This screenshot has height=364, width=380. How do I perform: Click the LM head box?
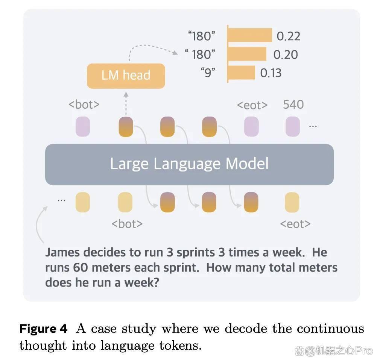(x=126, y=76)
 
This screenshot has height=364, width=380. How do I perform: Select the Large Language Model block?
(x=189, y=164)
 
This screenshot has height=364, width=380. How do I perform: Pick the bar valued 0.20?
(x=247, y=54)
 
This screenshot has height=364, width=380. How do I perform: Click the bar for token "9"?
(x=242, y=73)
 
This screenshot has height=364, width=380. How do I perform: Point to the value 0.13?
(x=271, y=73)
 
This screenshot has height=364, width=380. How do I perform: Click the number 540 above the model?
(x=293, y=105)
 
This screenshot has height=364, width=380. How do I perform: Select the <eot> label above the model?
(x=252, y=105)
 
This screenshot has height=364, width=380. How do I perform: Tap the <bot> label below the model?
(x=127, y=224)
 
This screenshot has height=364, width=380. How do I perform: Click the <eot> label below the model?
(x=295, y=224)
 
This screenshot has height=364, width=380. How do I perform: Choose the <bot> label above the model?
(x=84, y=105)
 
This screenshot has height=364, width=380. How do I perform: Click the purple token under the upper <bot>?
(x=83, y=126)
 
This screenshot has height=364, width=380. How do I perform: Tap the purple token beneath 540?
(x=292, y=126)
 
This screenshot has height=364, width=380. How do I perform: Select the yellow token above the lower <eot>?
(x=292, y=202)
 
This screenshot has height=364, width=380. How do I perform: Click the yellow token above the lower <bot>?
(x=125, y=202)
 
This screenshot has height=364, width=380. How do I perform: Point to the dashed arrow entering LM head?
(x=126, y=103)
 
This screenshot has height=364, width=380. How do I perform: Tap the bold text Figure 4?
(x=43, y=329)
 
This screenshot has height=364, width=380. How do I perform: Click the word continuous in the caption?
(x=330, y=329)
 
